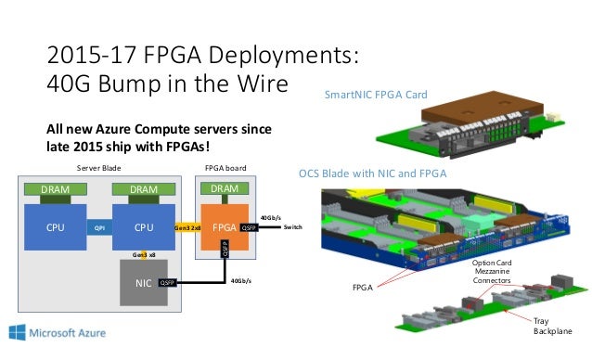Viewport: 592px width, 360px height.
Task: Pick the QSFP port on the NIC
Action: [x=167, y=283]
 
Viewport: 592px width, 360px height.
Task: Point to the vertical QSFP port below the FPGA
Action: [x=225, y=248]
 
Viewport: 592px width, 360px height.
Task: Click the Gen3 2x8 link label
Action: [x=187, y=226]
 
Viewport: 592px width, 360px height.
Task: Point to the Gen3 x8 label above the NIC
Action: [x=143, y=253]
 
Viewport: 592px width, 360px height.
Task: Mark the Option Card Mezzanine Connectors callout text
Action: [x=492, y=272]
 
